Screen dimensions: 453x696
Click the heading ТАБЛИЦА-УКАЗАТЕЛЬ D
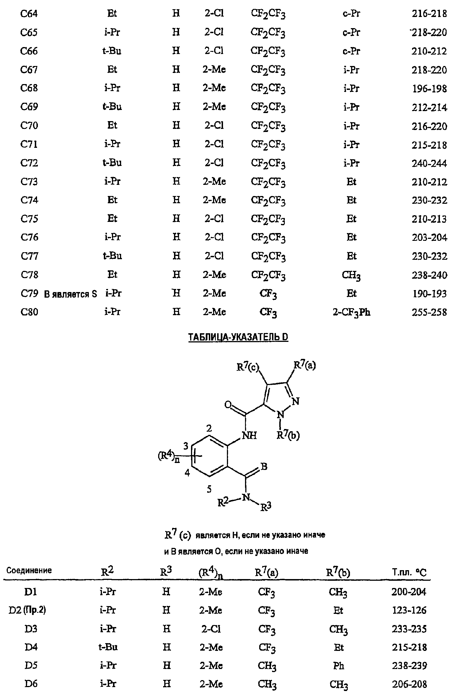click(238, 337)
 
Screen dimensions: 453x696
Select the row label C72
click(29, 163)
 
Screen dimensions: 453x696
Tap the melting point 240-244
click(429, 163)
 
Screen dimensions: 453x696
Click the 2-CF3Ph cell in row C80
click(352, 313)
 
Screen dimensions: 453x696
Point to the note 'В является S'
click(70, 294)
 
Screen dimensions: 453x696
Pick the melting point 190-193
click(429, 294)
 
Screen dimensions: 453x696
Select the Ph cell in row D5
click(338, 666)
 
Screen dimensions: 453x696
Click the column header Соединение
click(29, 570)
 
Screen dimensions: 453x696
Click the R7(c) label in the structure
click(248, 367)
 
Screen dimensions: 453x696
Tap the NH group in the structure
click(249, 435)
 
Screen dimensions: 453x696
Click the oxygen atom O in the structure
click(228, 405)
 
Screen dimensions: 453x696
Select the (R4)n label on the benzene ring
click(169, 456)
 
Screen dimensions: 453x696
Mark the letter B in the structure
click(264, 466)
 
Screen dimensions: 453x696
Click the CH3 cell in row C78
click(351, 275)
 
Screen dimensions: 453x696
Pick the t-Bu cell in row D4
click(108, 647)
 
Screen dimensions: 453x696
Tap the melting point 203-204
click(429, 237)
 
